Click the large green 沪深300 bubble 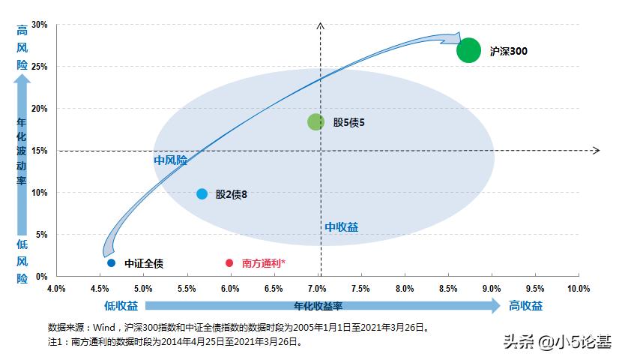[468, 50]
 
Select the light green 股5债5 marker [315, 121]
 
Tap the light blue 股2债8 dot [202, 193]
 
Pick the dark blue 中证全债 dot [111, 262]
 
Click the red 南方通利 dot [229, 262]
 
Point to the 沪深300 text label [508, 51]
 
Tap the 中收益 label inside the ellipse [341, 226]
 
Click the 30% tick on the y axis [40, 25]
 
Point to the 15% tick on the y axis [40, 151]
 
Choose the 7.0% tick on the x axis [317, 289]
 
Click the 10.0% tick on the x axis [578, 289]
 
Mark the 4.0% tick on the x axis [56, 289]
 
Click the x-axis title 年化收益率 [318, 305]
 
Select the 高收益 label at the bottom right [525, 305]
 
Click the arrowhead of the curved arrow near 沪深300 [453, 37]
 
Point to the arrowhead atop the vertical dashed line [321, 27]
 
